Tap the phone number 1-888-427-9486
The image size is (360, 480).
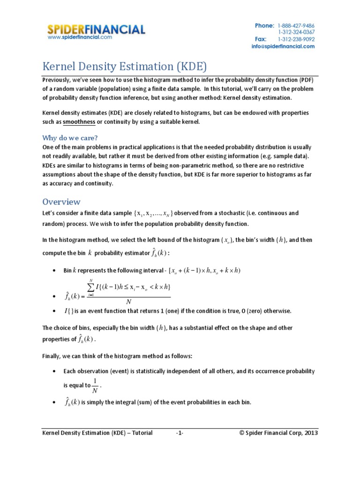click(x=296, y=25)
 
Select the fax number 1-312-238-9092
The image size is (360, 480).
click(x=296, y=39)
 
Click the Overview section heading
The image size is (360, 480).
click(x=61, y=202)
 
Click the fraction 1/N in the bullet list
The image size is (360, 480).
click(x=96, y=385)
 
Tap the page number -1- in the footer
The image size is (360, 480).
click(x=180, y=433)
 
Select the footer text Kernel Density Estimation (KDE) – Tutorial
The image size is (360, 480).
click(x=97, y=433)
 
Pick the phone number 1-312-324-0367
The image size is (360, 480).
click(x=296, y=32)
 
